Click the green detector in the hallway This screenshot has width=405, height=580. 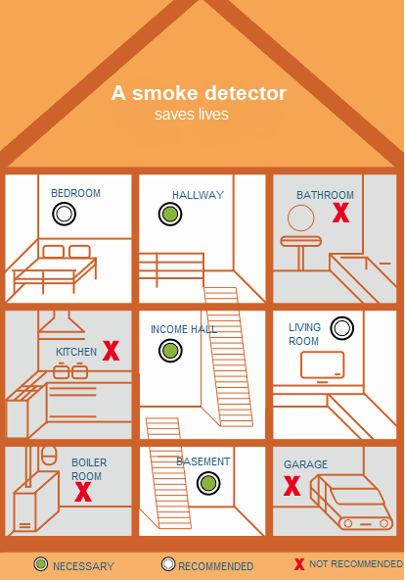pyautogui.click(x=170, y=214)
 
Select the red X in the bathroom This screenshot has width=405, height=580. pyautogui.click(x=340, y=213)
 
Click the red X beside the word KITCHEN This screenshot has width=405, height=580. pyautogui.click(x=111, y=351)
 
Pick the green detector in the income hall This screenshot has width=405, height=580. pyautogui.click(x=170, y=351)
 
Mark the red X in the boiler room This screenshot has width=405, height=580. pyautogui.click(x=83, y=492)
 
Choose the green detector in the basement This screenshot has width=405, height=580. pyautogui.click(x=208, y=483)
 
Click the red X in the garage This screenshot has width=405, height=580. pyautogui.click(x=292, y=486)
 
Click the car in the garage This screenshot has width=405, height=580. pyautogui.click(x=351, y=503)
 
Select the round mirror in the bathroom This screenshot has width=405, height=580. pyautogui.click(x=301, y=217)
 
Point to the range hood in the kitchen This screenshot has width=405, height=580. pyautogui.click(x=62, y=324)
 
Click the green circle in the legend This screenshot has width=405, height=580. pyautogui.click(x=41, y=564)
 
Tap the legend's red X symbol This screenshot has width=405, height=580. pyautogui.click(x=299, y=564)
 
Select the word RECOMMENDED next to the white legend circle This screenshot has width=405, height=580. pyautogui.click(x=216, y=566)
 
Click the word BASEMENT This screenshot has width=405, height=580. pyautogui.click(x=203, y=461)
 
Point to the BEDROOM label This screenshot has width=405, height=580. pyautogui.click(x=75, y=193)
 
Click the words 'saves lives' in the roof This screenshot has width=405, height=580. pyautogui.click(x=191, y=114)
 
